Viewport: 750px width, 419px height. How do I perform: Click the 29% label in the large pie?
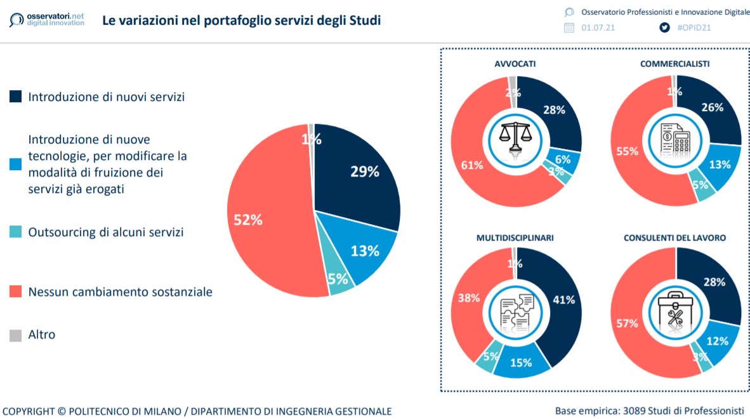point(364,171)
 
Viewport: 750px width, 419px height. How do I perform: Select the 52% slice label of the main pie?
point(247,220)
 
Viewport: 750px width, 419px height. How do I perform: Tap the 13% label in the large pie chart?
point(364,251)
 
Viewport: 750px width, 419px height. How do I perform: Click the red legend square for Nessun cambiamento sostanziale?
point(15,292)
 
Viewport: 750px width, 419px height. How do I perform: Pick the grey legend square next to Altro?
point(15,335)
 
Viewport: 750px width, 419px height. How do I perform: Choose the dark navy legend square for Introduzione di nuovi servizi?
point(15,97)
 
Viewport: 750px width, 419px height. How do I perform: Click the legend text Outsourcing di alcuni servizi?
point(106,232)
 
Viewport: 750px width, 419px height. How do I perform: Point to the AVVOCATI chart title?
point(515,64)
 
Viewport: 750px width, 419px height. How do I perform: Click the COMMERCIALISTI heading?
point(674,64)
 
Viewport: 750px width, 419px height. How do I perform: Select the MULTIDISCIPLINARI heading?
point(515,238)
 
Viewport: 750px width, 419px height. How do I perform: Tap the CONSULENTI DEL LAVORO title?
point(674,238)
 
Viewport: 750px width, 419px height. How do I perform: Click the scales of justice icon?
point(515,140)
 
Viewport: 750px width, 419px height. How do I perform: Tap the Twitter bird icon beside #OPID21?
point(664,27)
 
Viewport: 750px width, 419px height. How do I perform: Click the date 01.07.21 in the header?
point(598,28)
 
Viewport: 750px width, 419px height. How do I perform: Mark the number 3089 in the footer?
point(636,410)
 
